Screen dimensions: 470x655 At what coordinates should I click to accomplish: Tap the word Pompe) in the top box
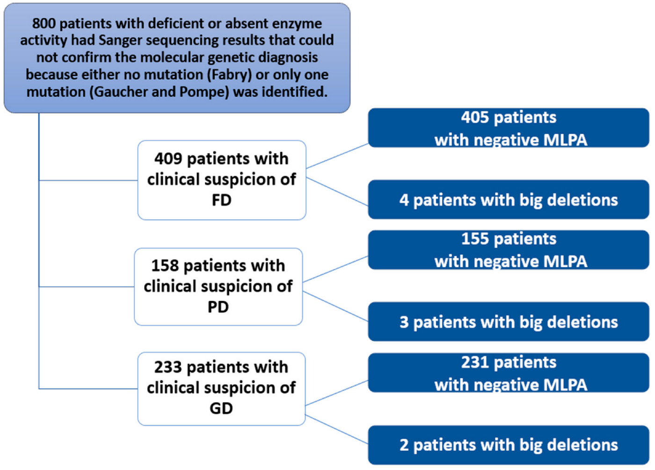point(204,92)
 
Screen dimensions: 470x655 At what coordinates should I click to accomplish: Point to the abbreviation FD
point(221,200)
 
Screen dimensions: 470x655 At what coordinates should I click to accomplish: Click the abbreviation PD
point(218,307)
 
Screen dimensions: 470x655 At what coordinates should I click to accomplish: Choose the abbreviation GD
point(221,408)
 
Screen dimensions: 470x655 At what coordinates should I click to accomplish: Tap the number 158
point(165,266)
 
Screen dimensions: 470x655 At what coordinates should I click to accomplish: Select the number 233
point(168,367)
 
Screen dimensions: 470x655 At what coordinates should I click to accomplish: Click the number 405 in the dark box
point(475,117)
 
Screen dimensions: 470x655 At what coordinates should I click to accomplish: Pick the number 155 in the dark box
point(475,239)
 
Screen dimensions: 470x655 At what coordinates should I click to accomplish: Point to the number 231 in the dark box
point(475,362)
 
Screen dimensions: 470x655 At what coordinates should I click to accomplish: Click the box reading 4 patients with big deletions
point(509,200)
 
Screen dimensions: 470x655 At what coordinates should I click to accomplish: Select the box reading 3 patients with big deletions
point(509,322)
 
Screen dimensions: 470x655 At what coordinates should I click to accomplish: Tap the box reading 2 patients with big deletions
point(509,445)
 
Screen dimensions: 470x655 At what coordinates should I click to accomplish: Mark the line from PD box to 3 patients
point(335,306)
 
